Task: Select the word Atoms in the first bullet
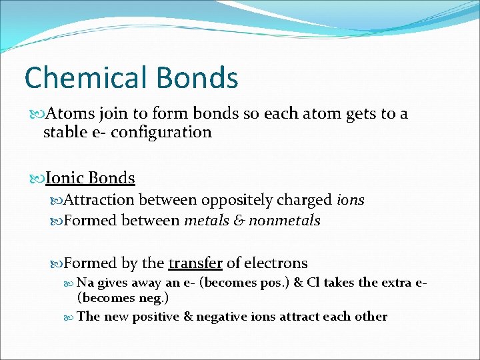pos(72,114)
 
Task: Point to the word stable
pos(65,132)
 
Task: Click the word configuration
pos(161,133)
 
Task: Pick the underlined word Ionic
pos(65,178)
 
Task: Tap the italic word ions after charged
pos(350,200)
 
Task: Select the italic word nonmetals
pos(285,220)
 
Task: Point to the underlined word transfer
pos(195,263)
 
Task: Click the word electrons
pos(275,263)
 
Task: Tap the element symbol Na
pos(85,283)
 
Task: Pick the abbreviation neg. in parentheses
pos(151,297)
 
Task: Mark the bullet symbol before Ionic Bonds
pos(36,179)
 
